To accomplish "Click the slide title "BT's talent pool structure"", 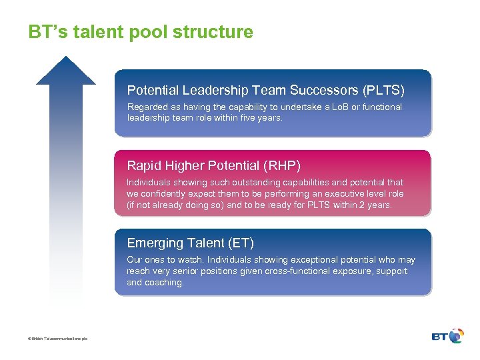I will coord(141,32).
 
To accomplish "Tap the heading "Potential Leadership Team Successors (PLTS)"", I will coord(265,90).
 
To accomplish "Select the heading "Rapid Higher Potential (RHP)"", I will coord(213,165).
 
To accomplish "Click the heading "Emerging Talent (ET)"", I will coord(190,243).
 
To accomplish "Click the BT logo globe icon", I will coord(456,336).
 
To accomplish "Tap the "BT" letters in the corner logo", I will coord(440,337).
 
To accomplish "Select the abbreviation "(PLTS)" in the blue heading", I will coord(383,90).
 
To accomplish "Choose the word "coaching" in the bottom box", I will coord(164,282).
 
